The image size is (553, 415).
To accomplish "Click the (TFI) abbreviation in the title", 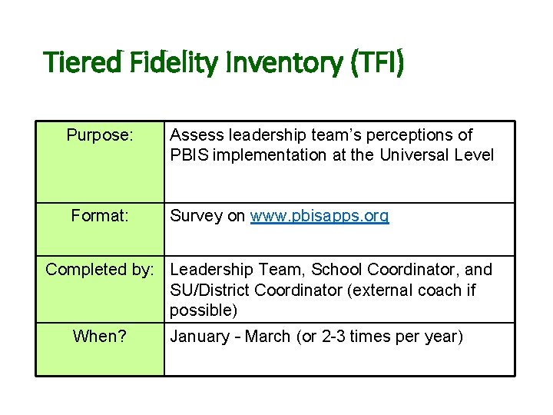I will click(x=376, y=61).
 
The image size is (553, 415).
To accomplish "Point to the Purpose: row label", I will click(x=101, y=135).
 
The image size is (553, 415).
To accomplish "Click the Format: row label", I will click(x=101, y=216).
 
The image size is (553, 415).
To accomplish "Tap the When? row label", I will click(x=101, y=337).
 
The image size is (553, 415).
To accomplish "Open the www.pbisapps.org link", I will click(x=320, y=216).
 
